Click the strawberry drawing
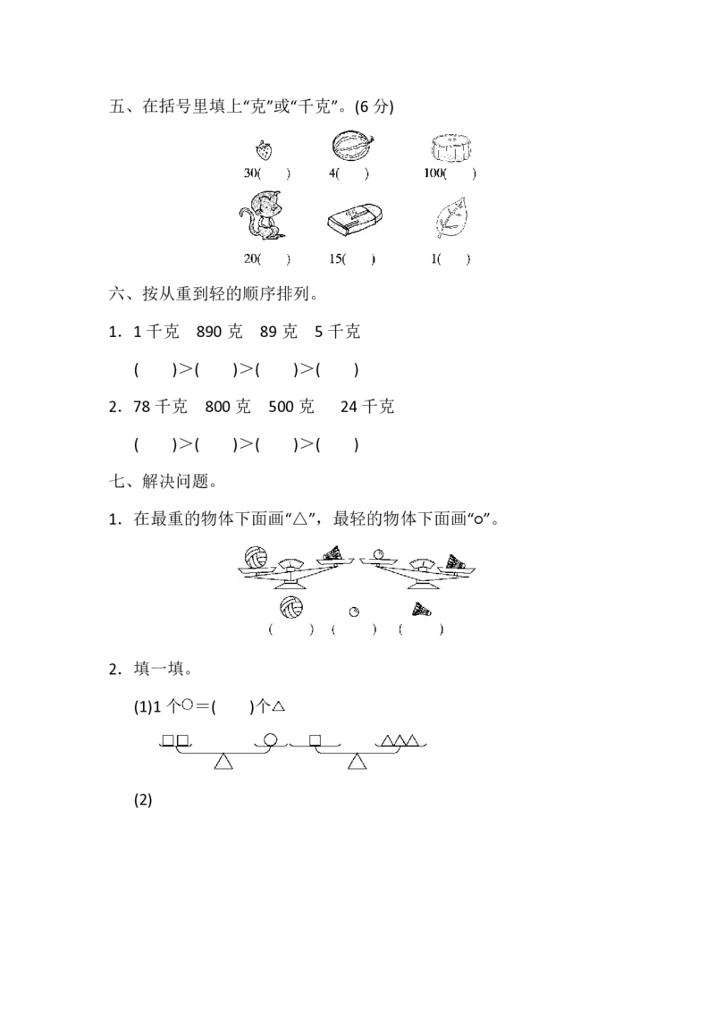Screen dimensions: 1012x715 pos(262,149)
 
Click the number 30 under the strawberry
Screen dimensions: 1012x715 pos(250,173)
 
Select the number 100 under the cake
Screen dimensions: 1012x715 pos(436,173)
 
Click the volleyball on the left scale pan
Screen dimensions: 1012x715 pos(257,556)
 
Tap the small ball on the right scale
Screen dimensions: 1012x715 pos(379,553)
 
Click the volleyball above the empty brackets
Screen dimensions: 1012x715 pos(290,608)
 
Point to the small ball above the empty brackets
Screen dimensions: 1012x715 pos(355,611)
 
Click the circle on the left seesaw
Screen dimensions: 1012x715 pos(270,740)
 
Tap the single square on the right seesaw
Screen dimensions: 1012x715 pos(315,740)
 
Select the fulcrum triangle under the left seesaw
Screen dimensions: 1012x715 pos(223,761)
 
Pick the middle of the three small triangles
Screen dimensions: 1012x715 pos(400,740)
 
